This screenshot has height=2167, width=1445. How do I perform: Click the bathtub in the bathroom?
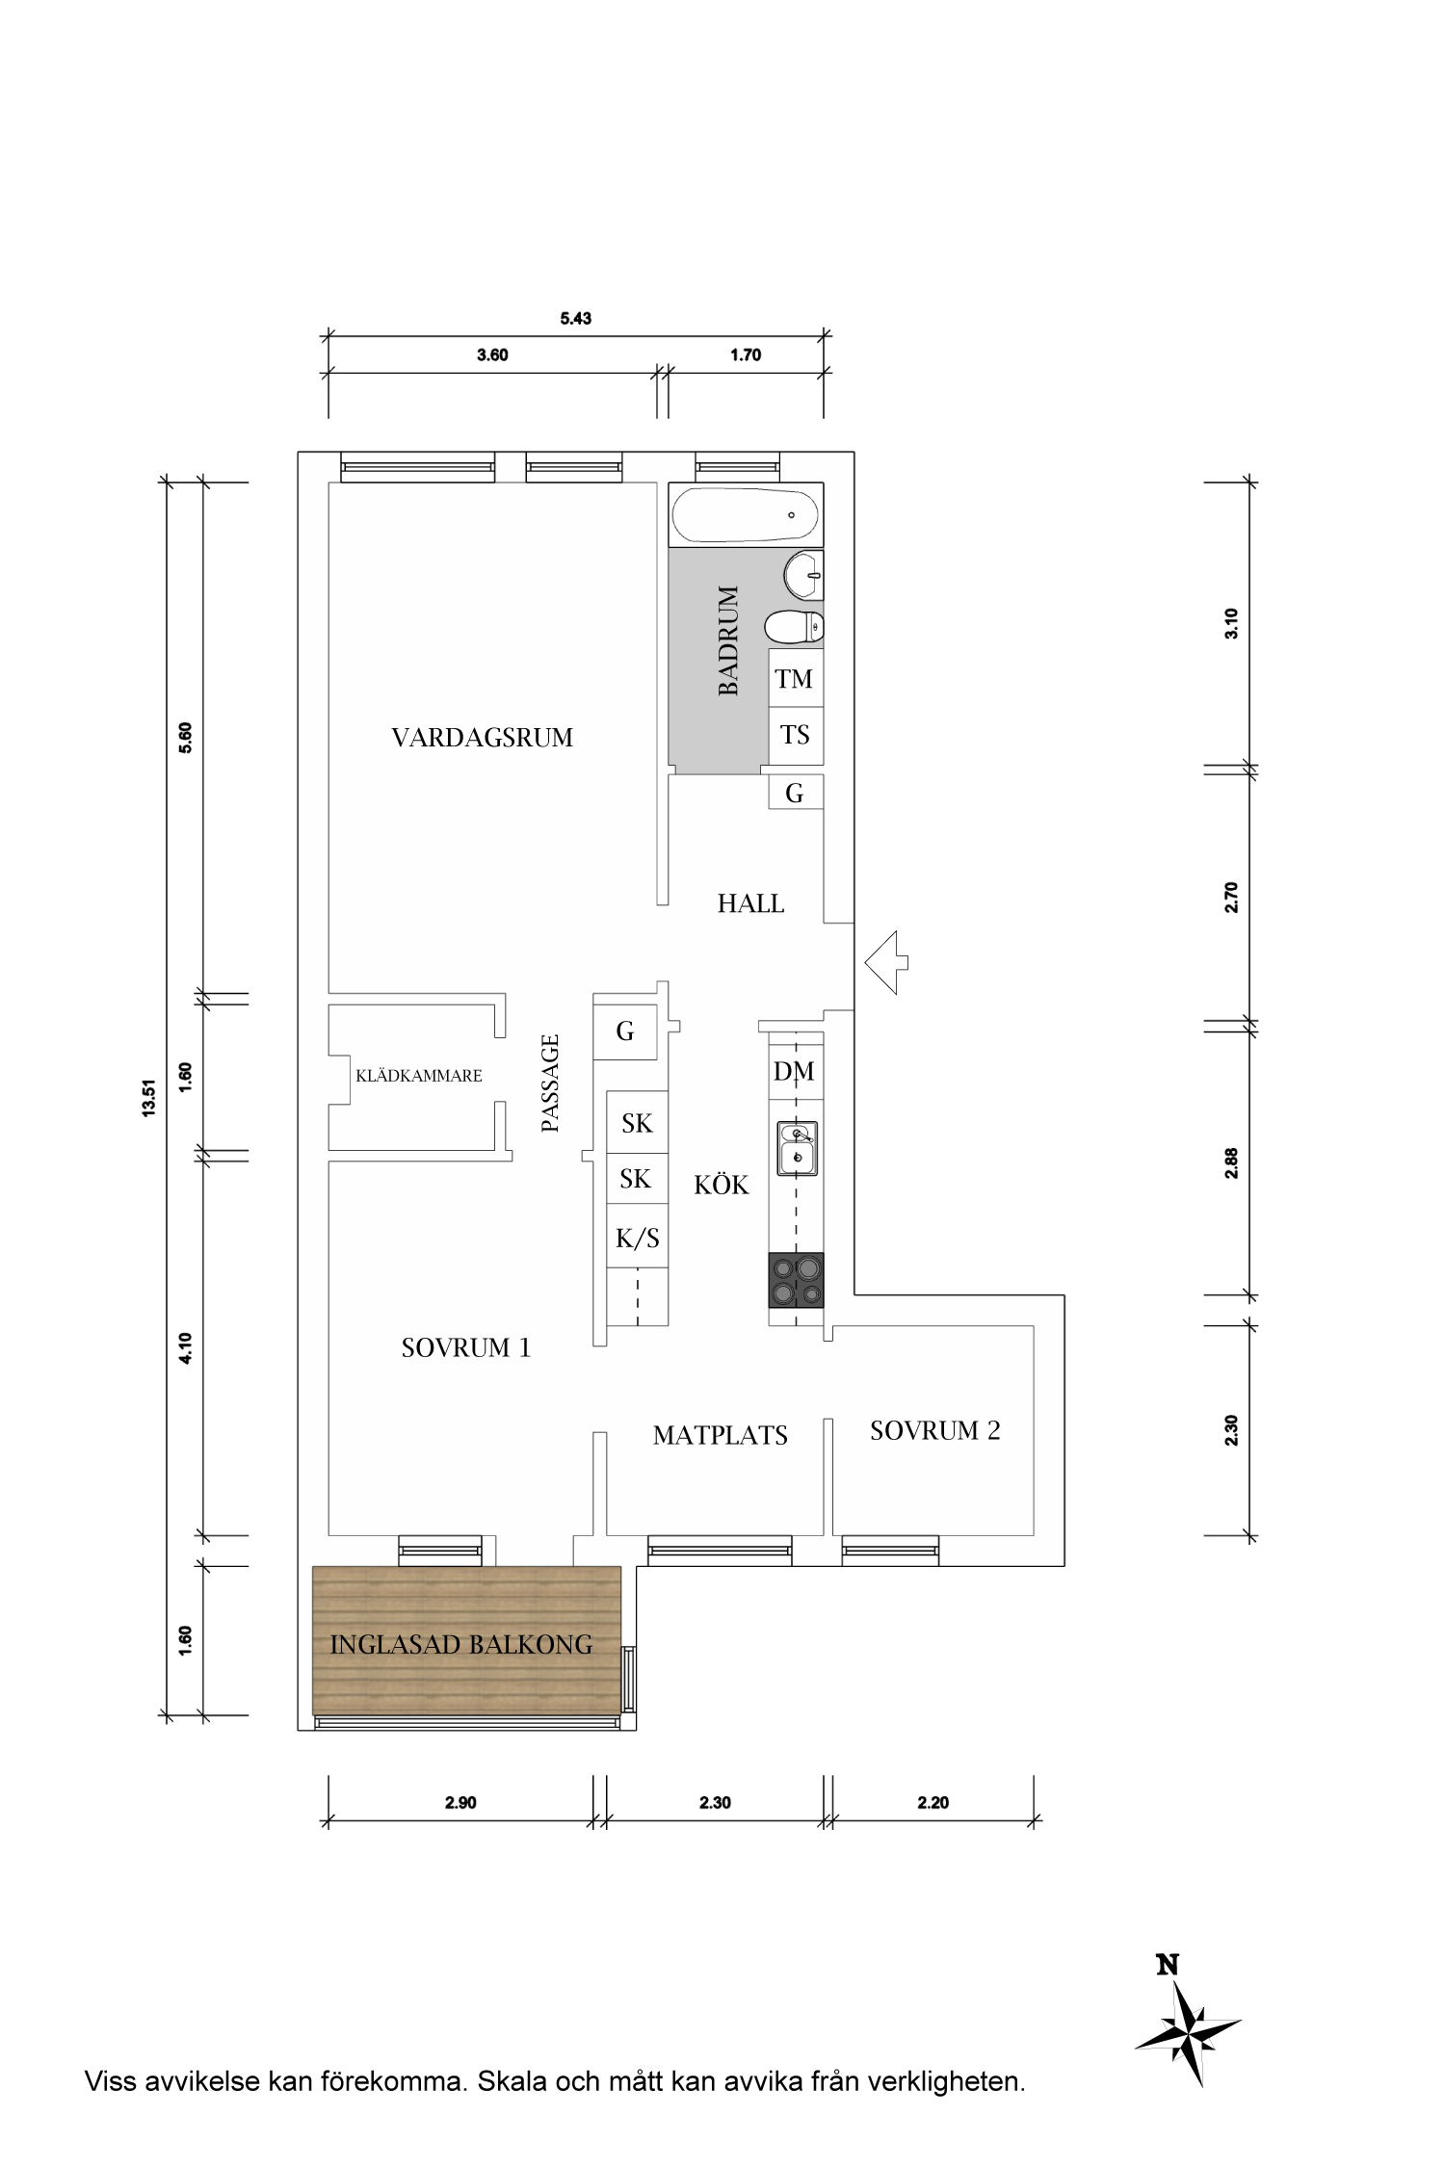[x=747, y=515]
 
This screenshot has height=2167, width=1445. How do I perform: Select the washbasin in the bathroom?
[x=804, y=576]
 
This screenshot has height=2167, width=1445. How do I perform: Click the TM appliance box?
[x=796, y=679]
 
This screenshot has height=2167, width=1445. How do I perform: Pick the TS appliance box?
[x=796, y=737]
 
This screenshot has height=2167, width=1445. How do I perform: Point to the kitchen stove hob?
[x=796, y=1280]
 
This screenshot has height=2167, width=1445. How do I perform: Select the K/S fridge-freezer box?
[x=637, y=1237]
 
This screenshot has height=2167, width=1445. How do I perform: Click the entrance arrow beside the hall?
[x=886, y=962]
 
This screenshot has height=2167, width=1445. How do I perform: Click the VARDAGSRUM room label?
[x=483, y=738]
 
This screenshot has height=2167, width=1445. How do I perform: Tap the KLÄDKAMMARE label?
[x=419, y=1076]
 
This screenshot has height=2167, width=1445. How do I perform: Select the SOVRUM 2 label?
[x=935, y=1431]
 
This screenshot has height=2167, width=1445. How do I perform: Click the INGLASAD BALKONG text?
[x=461, y=1644]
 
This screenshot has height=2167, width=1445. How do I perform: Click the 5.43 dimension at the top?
[x=576, y=319]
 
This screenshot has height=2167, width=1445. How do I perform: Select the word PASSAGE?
[x=550, y=1083]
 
